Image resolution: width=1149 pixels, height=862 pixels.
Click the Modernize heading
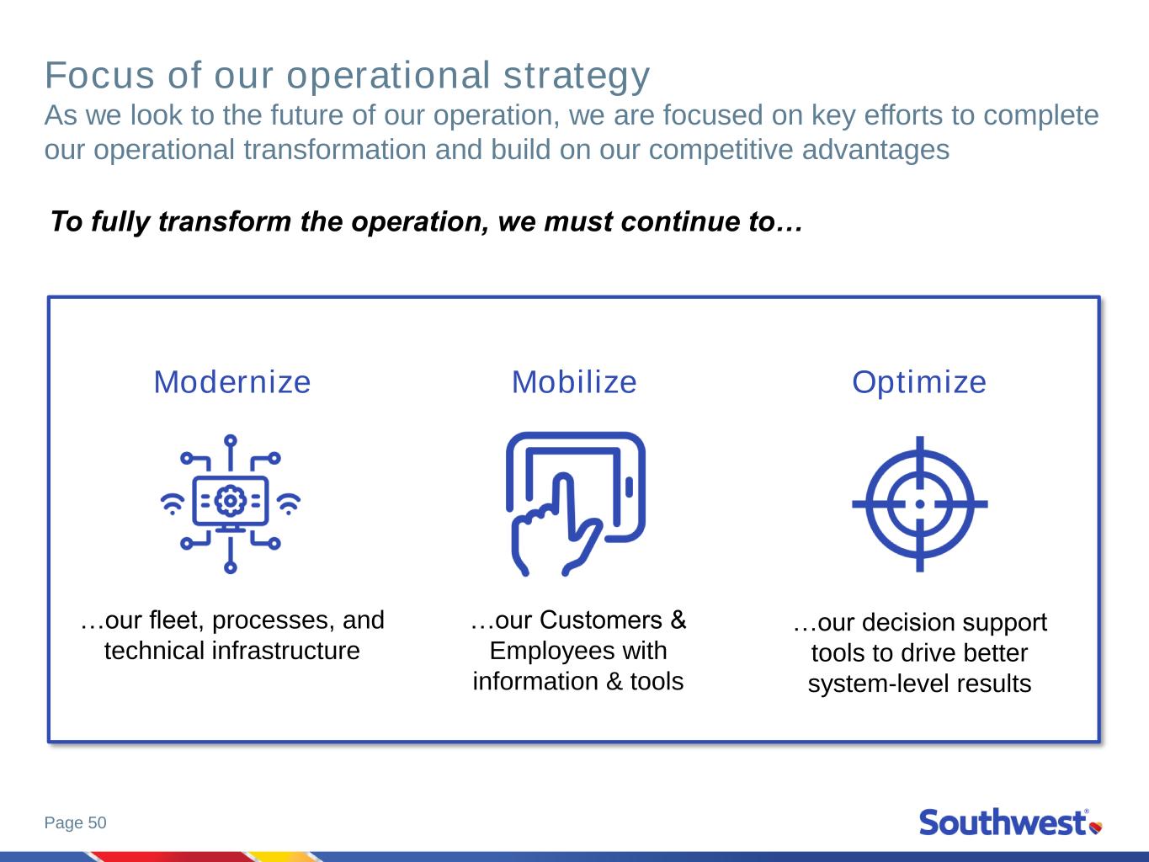pos(232,382)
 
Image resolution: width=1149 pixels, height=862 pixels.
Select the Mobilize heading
pos(574,382)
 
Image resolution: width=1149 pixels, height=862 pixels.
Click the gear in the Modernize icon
pos(231,501)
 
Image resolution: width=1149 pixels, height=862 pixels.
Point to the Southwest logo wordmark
pos(1003,822)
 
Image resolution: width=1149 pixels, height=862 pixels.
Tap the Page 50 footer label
pos(76,822)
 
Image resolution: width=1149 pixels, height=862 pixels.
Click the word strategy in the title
pos(577,77)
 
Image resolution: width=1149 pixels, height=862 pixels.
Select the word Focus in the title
pos(99,76)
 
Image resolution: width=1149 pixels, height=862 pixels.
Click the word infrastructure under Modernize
pos(286,651)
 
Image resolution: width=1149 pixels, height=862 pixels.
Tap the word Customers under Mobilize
pos(601,620)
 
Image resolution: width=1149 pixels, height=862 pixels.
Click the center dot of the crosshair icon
pos(920,504)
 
